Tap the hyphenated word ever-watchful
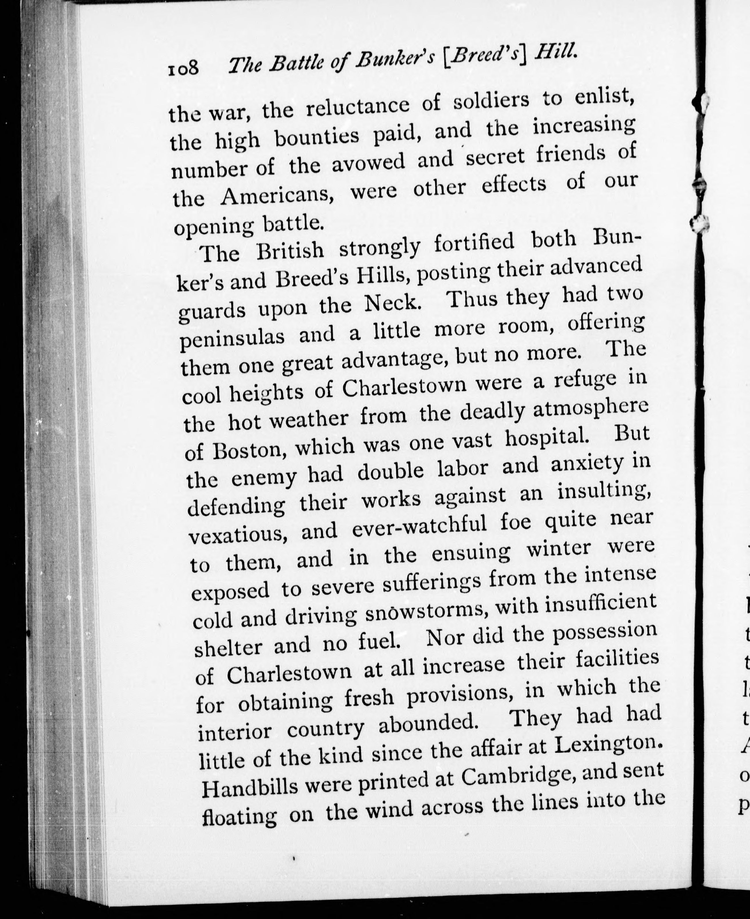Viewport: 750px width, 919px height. click(419, 527)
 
